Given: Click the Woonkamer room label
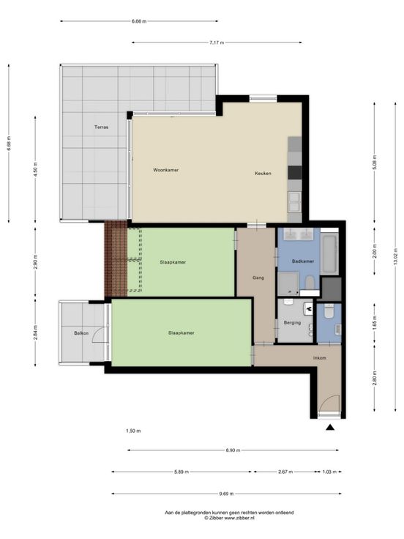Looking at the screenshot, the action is [x=165, y=170].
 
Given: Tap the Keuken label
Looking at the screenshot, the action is [x=263, y=174].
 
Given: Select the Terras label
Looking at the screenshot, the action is [x=101, y=127].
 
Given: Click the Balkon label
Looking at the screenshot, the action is [x=81, y=333].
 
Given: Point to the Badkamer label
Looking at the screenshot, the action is [x=303, y=261].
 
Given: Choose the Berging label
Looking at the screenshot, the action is [x=292, y=323].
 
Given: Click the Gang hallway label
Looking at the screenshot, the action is [x=258, y=278].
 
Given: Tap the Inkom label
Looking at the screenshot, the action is [x=320, y=358].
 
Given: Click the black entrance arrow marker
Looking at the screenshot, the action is [x=330, y=427].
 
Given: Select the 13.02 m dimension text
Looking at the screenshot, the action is [x=395, y=256].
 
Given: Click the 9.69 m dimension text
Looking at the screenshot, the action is [x=226, y=494].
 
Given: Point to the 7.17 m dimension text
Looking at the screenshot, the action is [x=217, y=42].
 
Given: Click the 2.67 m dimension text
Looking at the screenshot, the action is [x=285, y=472].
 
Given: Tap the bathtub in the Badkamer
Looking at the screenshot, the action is [x=329, y=253].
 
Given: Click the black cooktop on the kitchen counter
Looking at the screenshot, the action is [x=295, y=173].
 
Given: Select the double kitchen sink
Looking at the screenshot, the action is [x=294, y=202].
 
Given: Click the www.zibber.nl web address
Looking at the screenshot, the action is [x=239, y=517].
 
